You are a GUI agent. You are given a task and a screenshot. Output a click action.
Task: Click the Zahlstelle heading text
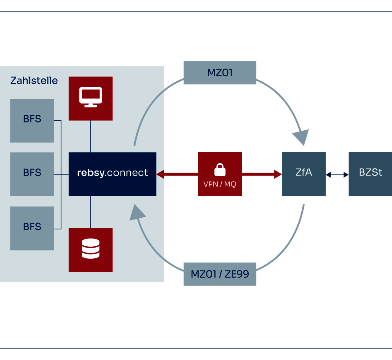[34, 80]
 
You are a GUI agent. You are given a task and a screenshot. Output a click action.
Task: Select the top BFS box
[32, 121]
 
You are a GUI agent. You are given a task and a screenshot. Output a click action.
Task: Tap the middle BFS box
[32, 174]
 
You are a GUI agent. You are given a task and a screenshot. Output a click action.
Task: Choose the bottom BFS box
[32, 228]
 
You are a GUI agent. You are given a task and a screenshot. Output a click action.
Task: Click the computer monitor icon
[91, 97]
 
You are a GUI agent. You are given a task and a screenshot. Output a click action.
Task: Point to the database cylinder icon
[90, 248]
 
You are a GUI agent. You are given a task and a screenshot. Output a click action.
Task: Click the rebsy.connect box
[112, 174]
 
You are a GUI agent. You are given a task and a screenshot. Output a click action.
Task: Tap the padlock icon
[220, 170]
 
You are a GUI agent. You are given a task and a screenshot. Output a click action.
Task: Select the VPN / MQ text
[220, 184]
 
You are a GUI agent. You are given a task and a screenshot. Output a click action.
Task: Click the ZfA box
[304, 174]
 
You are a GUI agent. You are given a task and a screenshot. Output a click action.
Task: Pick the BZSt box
[370, 174]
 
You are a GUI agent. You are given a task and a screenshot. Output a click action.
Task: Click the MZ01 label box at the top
[220, 73]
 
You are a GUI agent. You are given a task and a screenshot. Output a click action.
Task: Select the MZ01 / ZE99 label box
[220, 274]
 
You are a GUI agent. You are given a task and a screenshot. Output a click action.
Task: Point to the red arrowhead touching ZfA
[278, 174]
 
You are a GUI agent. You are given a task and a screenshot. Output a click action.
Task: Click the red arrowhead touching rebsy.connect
[160, 174]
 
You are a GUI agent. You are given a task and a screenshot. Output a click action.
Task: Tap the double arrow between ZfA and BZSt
[337, 174]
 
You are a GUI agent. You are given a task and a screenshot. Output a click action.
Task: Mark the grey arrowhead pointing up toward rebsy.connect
[137, 213]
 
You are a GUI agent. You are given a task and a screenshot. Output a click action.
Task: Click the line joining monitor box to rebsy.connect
[90, 137]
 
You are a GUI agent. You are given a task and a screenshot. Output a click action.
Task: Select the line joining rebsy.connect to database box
[90, 212]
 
